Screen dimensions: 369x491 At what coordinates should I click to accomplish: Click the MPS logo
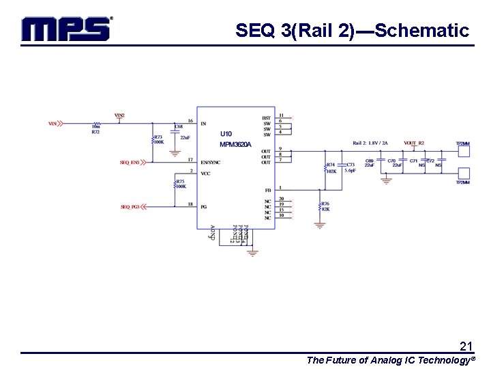pyautogui.click(x=65, y=29)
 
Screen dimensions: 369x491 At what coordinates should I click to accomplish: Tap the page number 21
pyautogui.click(x=466, y=346)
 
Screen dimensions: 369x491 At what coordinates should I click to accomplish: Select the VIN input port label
pyautogui.click(x=53, y=124)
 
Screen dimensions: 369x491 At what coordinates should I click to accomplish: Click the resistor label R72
pyautogui.click(x=95, y=131)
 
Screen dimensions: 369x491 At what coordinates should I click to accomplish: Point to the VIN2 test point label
pyautogui.click(x=119, y=115)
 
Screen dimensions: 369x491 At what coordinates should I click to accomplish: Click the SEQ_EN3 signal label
pyautogui.click(x=130, y=163)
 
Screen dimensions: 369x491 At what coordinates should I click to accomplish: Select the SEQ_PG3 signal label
pyautogui.click(x=130, y=206)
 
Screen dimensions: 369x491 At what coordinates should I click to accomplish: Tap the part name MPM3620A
pyautogui.click(x=235, y=144)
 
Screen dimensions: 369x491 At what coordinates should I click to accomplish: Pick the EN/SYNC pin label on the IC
pyautogui.click(x=210, y=162)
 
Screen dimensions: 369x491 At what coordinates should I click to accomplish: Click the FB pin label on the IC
pyautogui.click(x=268, y=190)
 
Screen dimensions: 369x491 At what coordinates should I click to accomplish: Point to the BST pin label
pyautogui.click(x=267, y=118)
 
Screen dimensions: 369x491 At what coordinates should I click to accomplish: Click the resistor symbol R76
pyautogui.click(x=320, y=206)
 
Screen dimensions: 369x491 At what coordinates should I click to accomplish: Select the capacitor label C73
pyautogui.click(x=351, y=164)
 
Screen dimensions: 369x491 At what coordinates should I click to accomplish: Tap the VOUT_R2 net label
pyautogui.click(x=414, y=143)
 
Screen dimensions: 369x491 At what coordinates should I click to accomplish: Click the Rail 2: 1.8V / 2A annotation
pyautogui.click(x=370, y=143)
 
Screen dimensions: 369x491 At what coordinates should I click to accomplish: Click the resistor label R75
pyautogui.click(x=181, y=182)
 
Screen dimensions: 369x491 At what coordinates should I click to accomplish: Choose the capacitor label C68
pyautogui.click(x=179, y=126)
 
